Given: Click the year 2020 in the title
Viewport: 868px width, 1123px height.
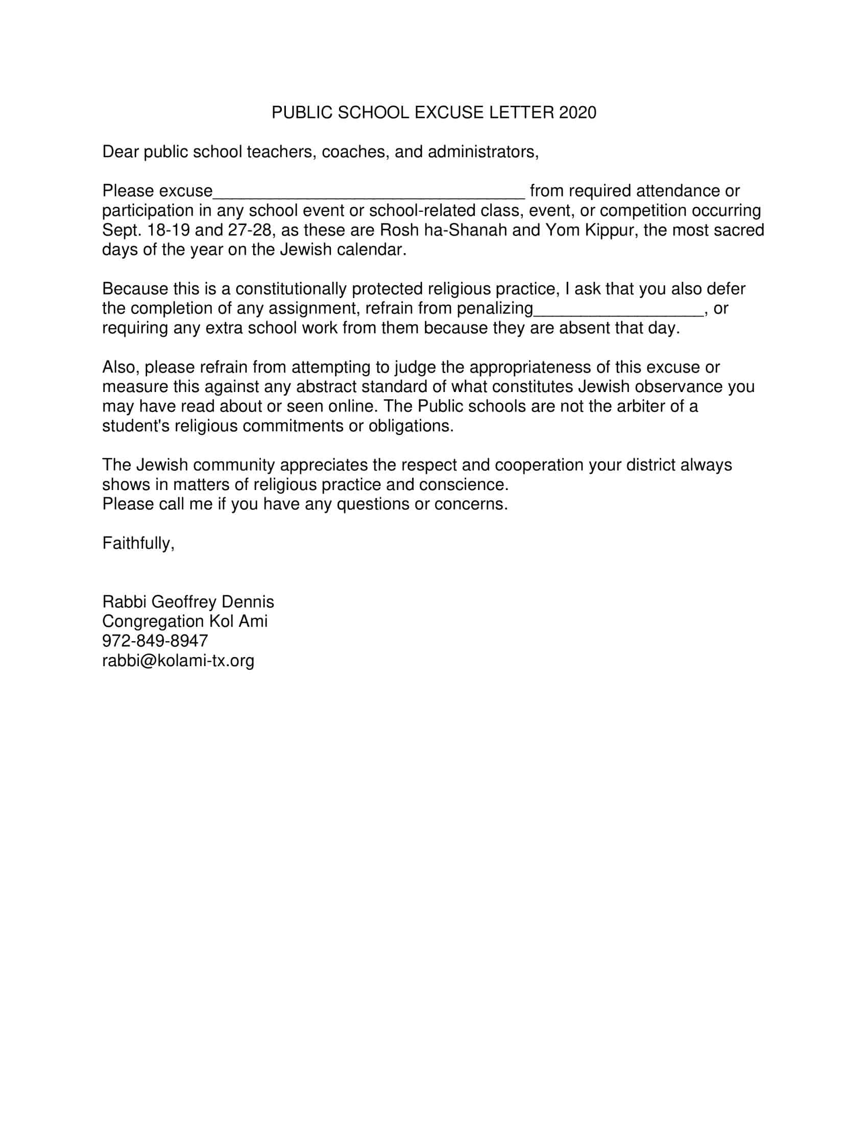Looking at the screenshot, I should [x=577, y=113].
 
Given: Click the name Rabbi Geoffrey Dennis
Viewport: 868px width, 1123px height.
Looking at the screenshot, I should [x=188, y=602].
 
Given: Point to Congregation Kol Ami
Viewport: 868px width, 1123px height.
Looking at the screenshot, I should [x=185, y=621].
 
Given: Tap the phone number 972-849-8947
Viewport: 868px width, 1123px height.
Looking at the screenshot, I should [x=155, y=641].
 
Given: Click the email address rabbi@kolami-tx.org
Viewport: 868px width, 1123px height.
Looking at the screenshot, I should [x=178, y=660].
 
